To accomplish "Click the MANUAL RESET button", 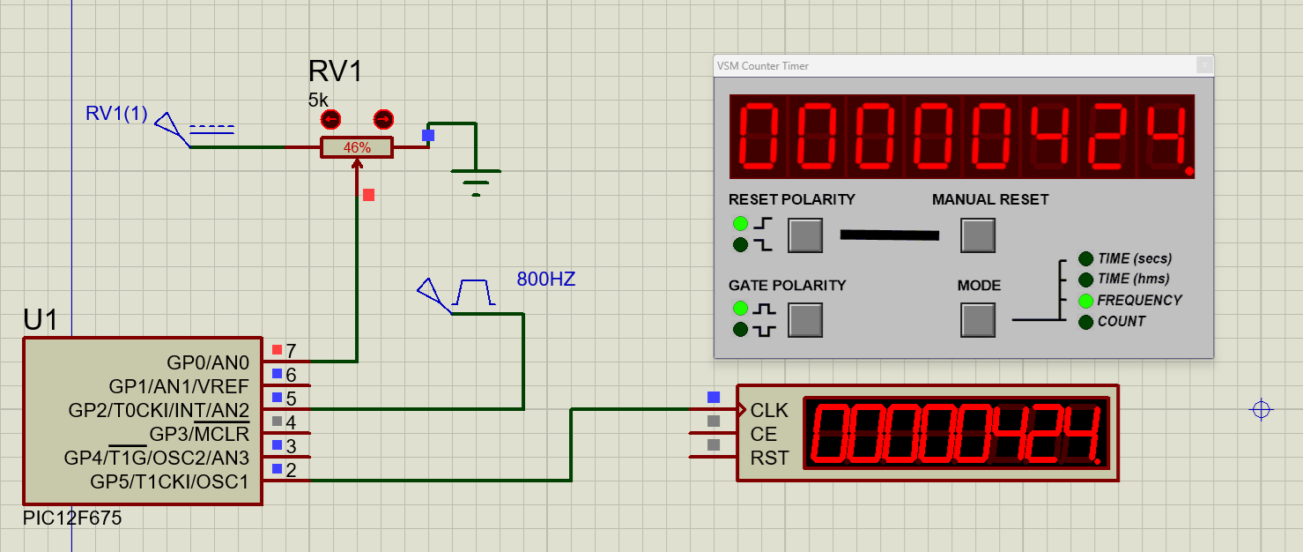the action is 978,235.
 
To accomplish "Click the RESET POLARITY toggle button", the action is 805,235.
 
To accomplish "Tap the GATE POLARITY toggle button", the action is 805,320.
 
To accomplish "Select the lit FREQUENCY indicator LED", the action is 1085,301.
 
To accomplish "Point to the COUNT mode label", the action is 1121,322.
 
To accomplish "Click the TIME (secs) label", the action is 1135,258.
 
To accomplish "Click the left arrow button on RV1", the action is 331,120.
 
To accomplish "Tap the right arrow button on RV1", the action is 383,120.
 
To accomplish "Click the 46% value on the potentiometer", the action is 357,148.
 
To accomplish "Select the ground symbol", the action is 476,182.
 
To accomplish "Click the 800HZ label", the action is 545,280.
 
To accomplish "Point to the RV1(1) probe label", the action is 116,114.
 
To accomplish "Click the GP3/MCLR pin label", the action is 199,435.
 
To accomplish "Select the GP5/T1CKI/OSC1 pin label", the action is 169,482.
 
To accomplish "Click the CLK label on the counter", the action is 769,411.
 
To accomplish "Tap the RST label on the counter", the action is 769,459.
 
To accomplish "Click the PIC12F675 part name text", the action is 72,518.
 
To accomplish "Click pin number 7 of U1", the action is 291,351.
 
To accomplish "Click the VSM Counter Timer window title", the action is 763,66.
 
